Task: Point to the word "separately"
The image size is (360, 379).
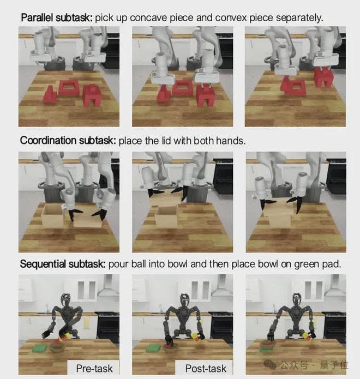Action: [298, 18]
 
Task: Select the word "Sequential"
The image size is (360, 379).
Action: [43, 264]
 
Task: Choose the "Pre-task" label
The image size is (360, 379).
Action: [94, 369]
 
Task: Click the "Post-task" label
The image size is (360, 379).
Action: [206, 369]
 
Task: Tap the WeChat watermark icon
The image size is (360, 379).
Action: [269, 364]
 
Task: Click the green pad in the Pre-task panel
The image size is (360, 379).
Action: [40, 348]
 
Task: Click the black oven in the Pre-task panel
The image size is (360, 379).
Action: [108, 324]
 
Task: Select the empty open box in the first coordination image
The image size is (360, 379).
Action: [53, 215]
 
